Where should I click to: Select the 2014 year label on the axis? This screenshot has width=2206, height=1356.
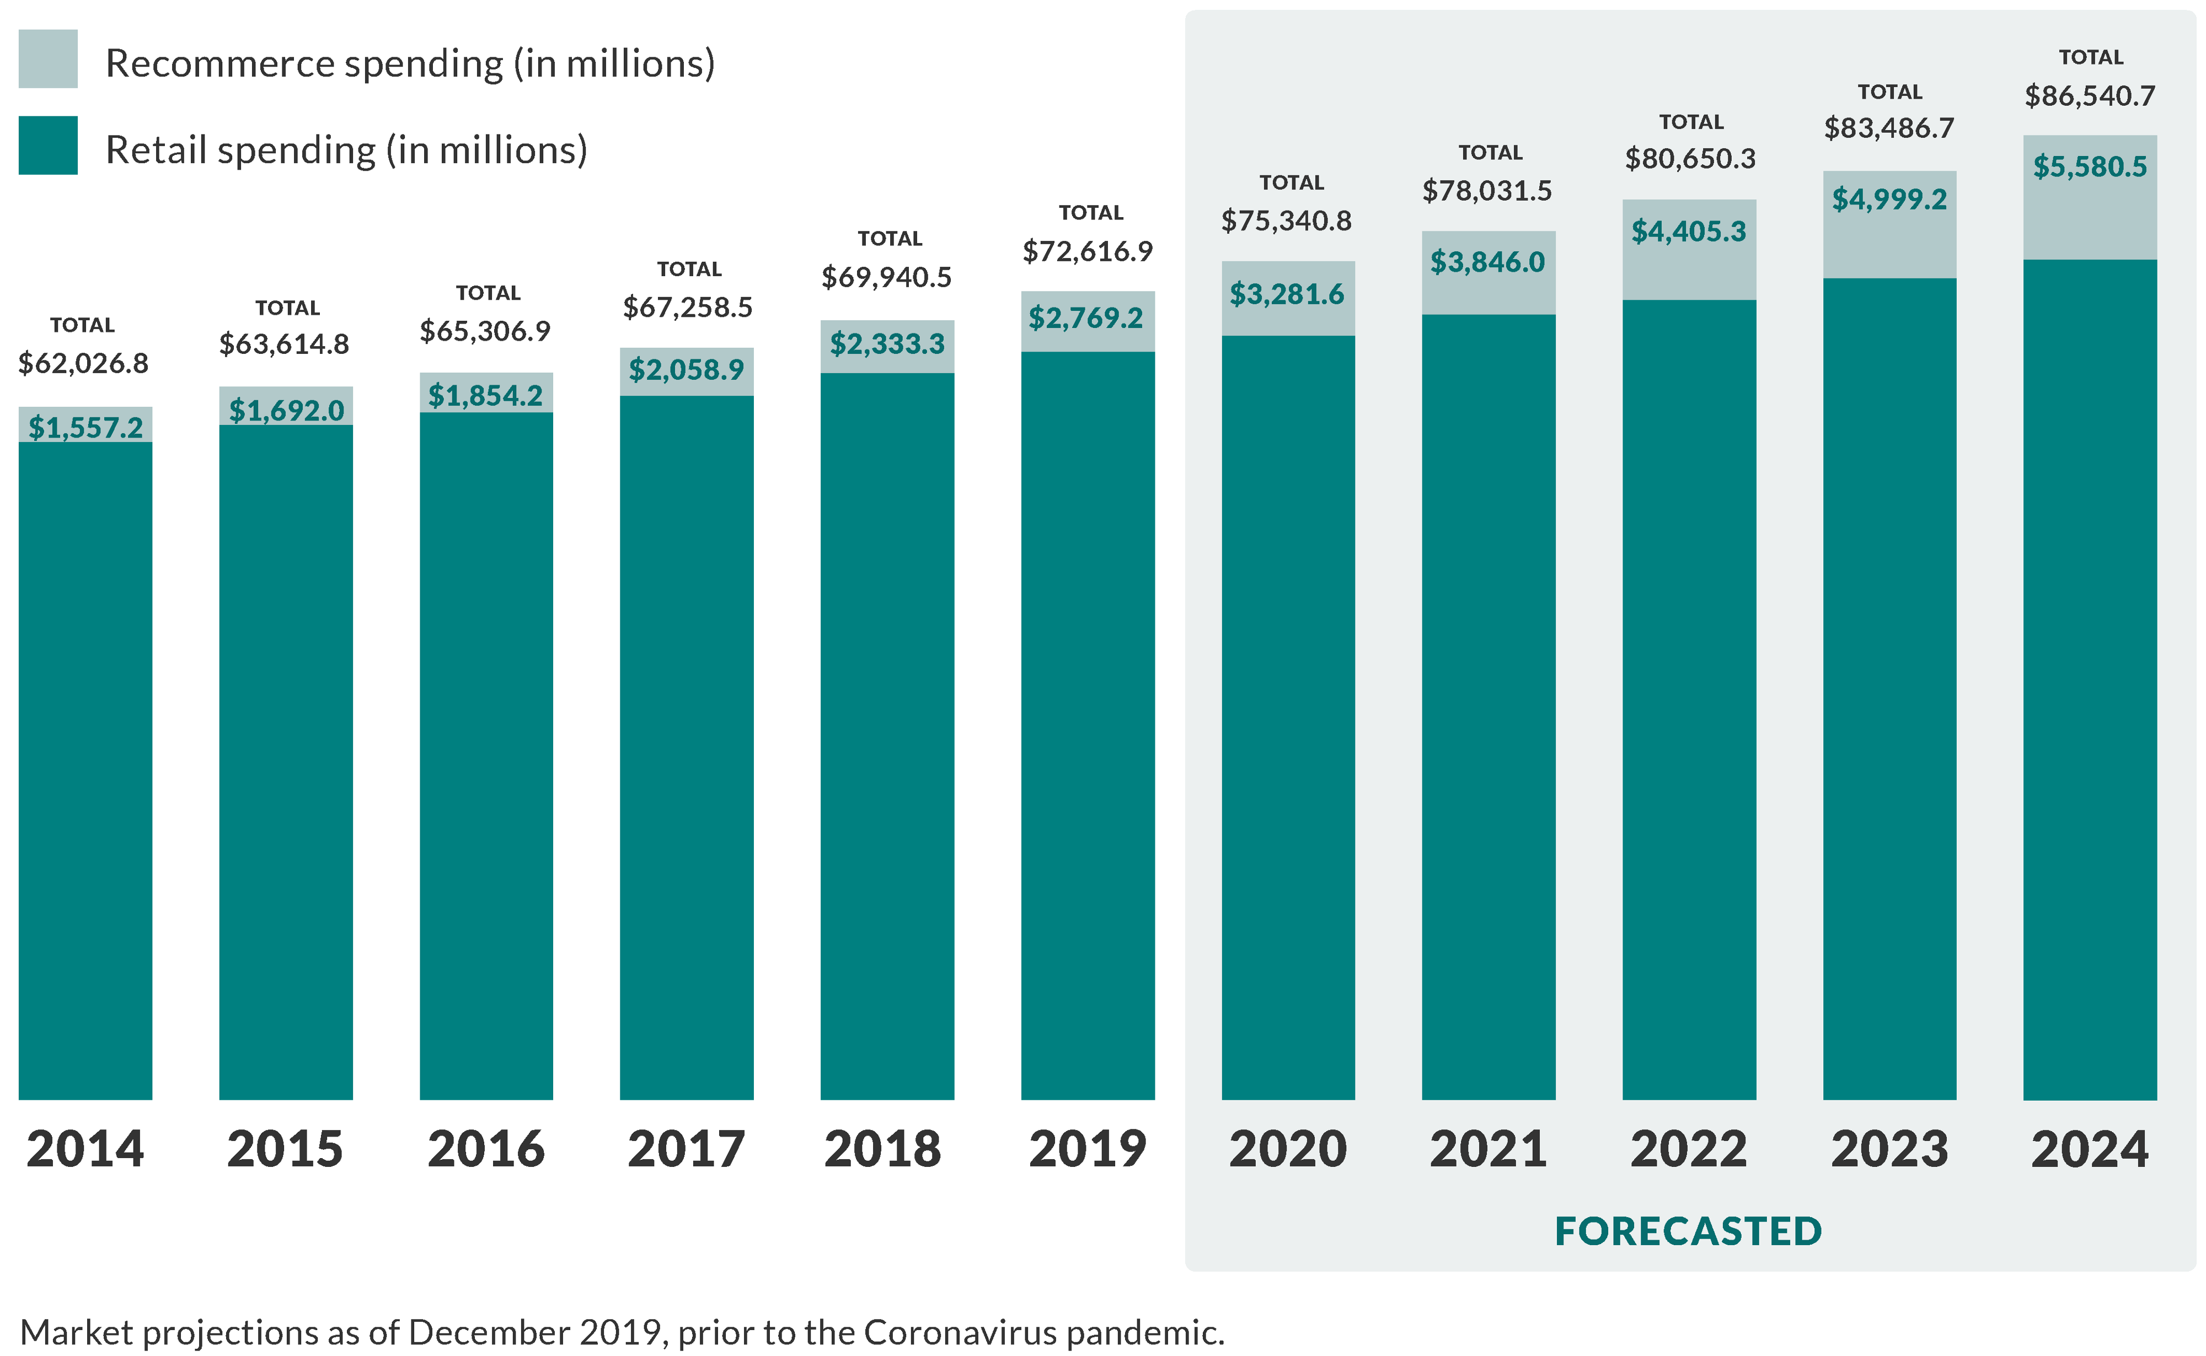tap(85, 1149)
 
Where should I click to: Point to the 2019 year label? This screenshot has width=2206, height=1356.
tap(1088, 1149)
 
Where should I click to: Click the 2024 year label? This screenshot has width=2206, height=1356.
tap(2090, 1149)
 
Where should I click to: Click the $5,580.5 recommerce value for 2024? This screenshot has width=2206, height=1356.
tap(2090, 167)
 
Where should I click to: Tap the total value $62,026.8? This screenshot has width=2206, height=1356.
tap(83, 363)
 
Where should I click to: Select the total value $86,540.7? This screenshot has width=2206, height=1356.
tap(2090, 96)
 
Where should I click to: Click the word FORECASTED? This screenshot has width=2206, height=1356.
tap(1688, 1231)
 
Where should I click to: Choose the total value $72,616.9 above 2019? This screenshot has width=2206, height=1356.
tap(1088, 251)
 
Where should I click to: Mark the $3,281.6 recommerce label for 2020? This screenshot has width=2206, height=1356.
tap(1287, 294)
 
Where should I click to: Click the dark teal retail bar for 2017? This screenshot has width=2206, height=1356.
tap(686, 744)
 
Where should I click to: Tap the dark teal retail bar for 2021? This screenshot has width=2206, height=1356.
tap(1488, 708)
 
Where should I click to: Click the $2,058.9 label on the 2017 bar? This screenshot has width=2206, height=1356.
tap(686, 369)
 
